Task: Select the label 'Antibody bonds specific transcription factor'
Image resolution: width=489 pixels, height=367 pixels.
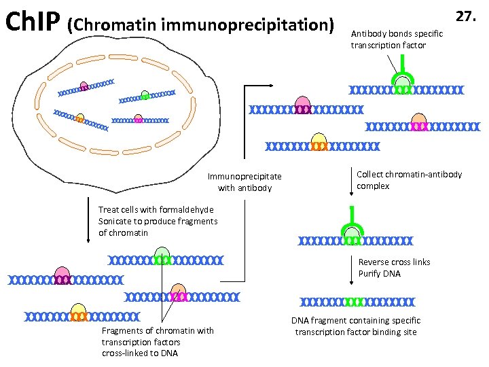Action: (x=397, y=39)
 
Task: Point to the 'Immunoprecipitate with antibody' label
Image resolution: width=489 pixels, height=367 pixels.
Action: (x=244, y=182)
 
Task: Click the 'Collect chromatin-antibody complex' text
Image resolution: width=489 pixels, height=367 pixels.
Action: (x=409, y=180)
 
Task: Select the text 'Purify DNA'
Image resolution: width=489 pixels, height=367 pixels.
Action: (x=380, y=274)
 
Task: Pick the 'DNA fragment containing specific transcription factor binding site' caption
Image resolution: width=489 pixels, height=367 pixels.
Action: (x=356, y=326)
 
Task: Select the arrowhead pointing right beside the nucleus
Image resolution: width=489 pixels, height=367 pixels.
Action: (x=270, y=86)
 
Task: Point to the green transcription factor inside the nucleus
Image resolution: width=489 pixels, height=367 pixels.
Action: (x=145, y=94)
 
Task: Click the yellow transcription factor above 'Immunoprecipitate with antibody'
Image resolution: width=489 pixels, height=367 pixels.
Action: (x=319, y=141)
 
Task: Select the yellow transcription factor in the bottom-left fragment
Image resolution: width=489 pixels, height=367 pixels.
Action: (x=78, y=311)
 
